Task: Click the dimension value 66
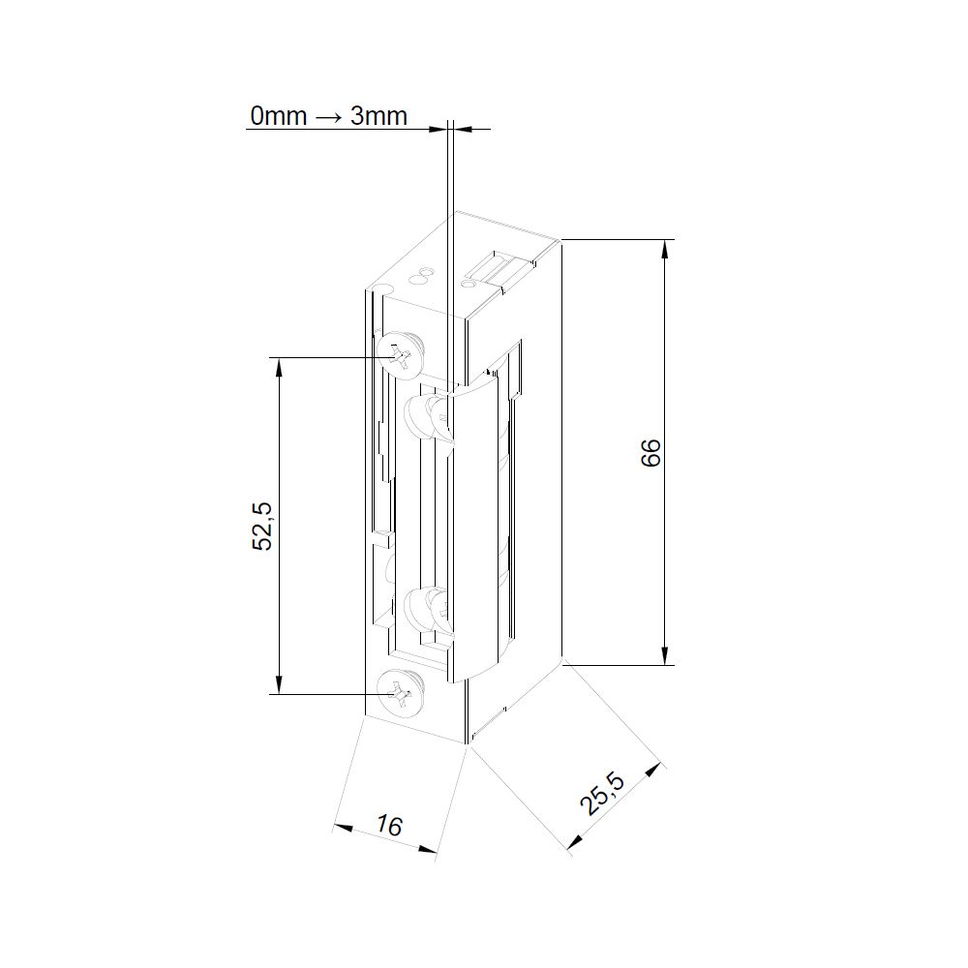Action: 650,452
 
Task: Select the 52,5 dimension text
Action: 262,526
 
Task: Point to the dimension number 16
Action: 389,825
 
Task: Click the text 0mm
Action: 279,115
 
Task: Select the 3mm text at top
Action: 378,115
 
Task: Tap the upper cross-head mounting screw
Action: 402,355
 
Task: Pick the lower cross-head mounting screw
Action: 402,693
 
